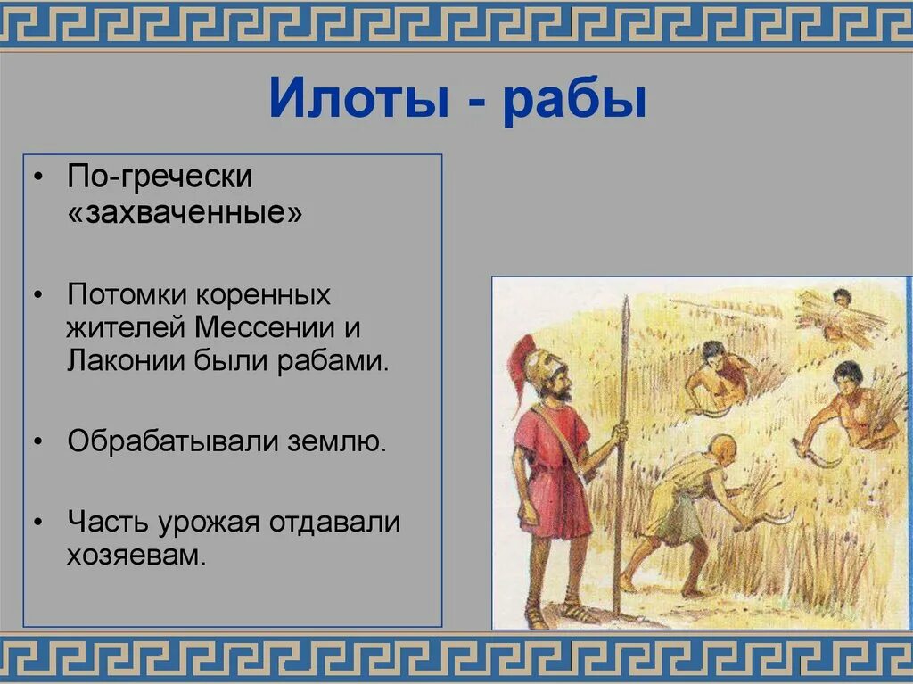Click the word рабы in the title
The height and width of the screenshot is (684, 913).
tap(573, 100)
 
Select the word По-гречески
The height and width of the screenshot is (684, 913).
tap(160, 177)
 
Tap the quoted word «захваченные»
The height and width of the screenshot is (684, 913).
tap(185, 215)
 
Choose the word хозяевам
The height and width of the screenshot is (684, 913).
tap(136, 556)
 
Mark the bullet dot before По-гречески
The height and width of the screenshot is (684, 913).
tap(37, 177)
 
